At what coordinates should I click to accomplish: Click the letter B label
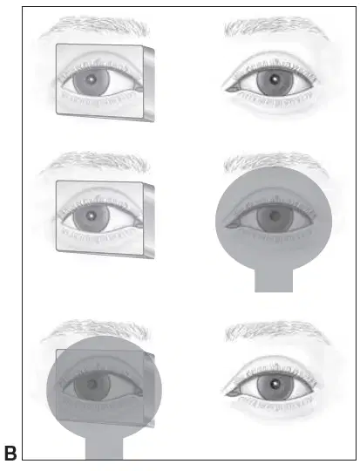click(x=10, y=454)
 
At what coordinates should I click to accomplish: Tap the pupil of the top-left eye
click(x=91, y=79)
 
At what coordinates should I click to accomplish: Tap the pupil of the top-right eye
click(x=274, y=79)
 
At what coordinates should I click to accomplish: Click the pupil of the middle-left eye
click(x=91, y=215)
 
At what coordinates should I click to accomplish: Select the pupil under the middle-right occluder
click(x=275, y=215)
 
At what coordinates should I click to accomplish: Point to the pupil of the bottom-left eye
click(x=92, y=384)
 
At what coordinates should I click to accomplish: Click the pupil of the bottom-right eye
click(x=275, y=384)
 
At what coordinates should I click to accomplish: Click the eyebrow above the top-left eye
click(x=96, y=26)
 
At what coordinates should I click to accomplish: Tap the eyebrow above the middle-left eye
click(x=96, y=162)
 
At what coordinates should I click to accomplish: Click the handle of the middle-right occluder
click(x=274, y=280)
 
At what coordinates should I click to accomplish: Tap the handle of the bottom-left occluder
click(x=105, y=447)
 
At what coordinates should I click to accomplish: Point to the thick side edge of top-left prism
click(x=149, y=84)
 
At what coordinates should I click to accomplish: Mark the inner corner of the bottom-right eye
click(x=231, y=392)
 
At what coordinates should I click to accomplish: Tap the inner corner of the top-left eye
click(x=138, y=88)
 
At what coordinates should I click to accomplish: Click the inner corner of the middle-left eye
click(x=138, y=224)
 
